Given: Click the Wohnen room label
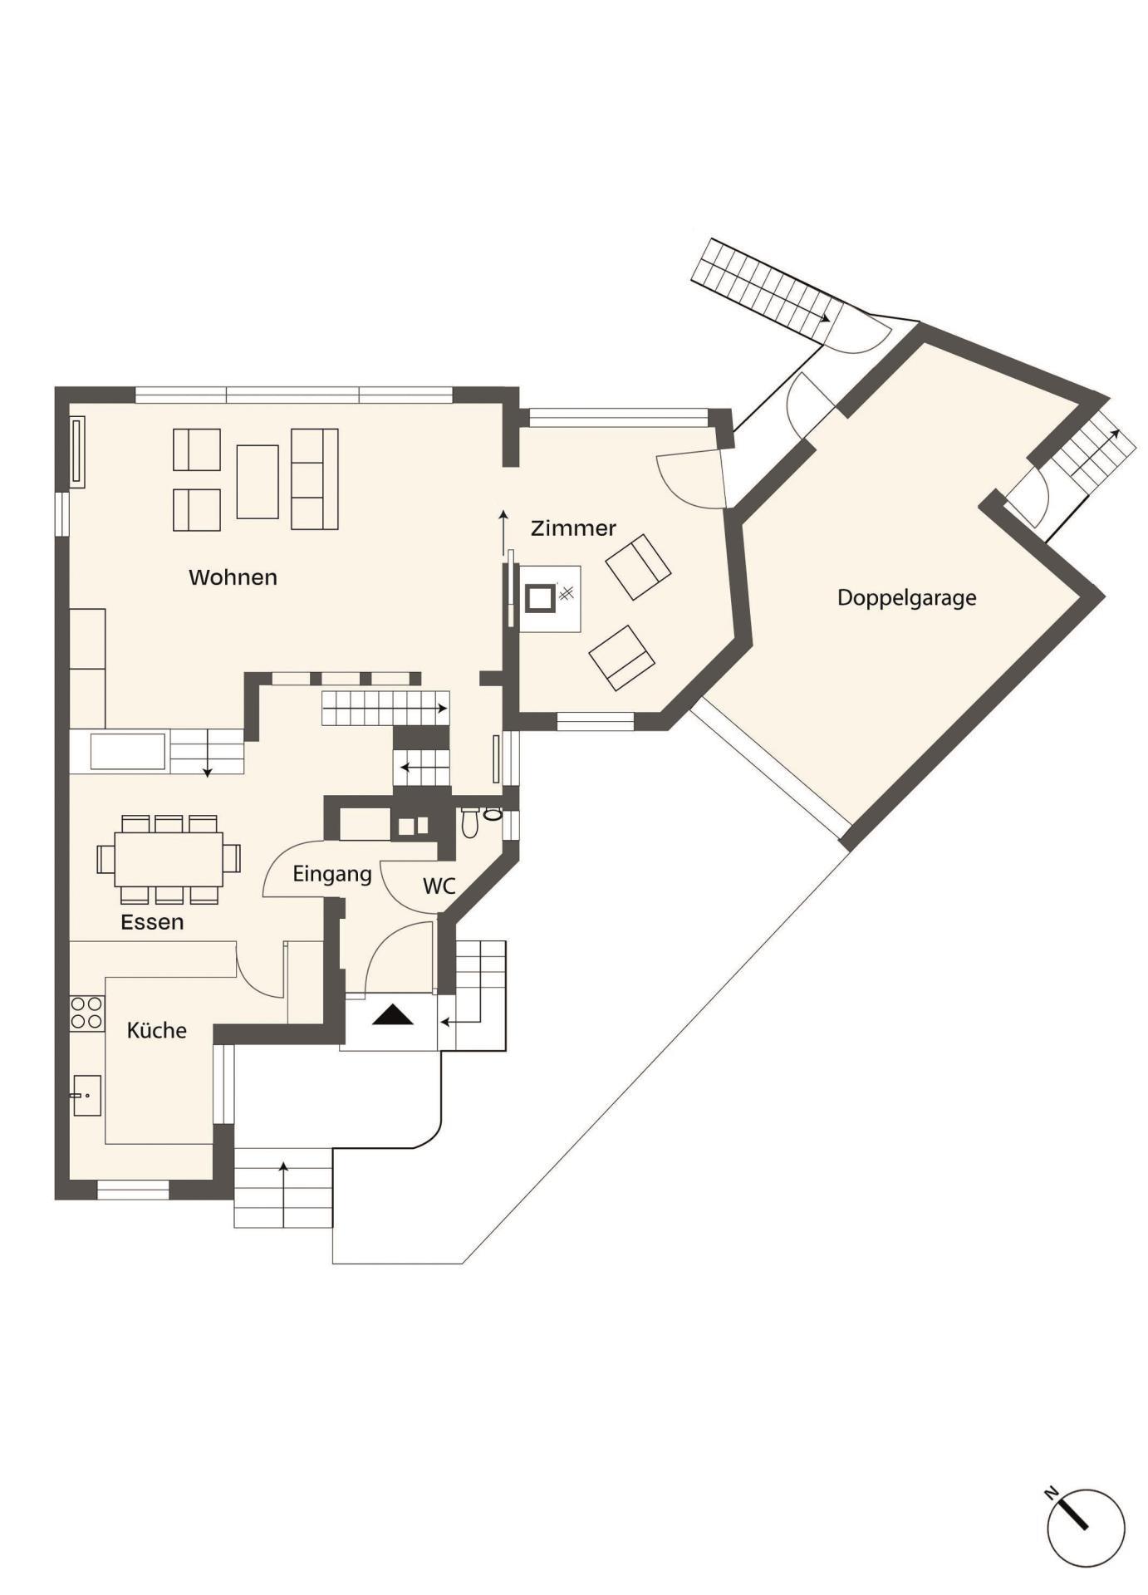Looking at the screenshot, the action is [233, 577].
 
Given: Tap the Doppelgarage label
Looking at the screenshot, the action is [906, 598].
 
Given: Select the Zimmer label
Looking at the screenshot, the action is [573, 528].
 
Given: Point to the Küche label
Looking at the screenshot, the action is [156, 1030].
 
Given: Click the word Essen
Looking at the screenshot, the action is [152, 922].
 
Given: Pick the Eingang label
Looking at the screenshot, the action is [332, 875].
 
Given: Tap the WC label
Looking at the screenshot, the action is [439, 886].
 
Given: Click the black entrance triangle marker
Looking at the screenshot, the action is [393, 1015].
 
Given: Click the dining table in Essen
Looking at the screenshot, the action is [169, 859].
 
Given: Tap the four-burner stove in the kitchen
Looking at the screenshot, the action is [87, 1013].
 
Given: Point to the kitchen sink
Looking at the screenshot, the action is [86, 1096].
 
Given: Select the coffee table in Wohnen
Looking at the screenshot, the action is [258, 482].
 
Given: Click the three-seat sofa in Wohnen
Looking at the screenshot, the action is [315, 479].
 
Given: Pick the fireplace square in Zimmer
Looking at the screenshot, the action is [540, 598].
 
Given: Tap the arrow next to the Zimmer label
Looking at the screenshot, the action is [503, 532].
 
